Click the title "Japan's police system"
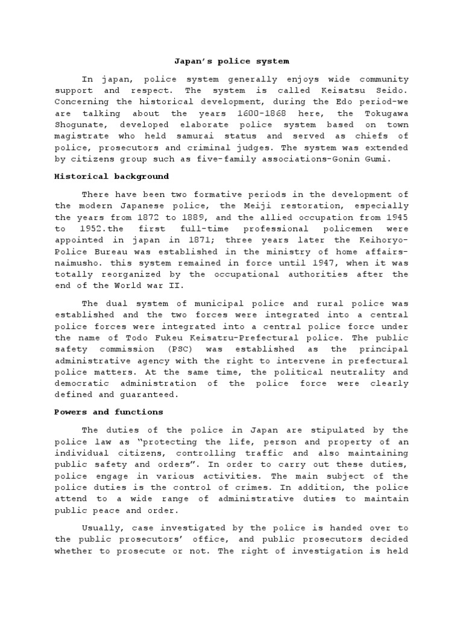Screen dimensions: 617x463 coord(231,61)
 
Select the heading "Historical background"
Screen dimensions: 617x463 coord(112,177)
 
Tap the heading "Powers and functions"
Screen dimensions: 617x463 coord(109,412)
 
